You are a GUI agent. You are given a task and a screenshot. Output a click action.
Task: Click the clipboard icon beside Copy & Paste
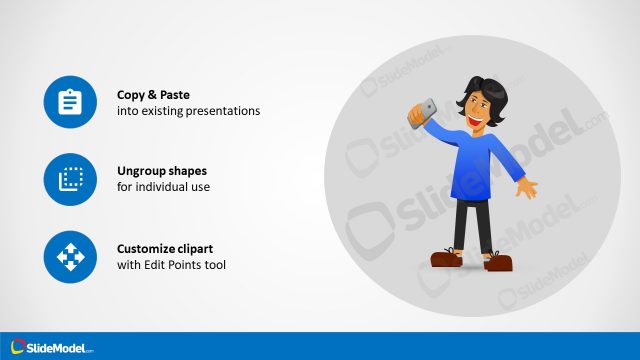[x=70, y=103]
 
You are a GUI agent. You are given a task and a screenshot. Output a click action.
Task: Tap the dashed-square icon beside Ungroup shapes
[x=70, y=179]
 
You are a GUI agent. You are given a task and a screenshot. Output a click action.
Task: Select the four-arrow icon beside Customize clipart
[x=70, y=256]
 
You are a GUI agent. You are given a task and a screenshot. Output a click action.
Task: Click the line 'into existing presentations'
[x=188, y=111]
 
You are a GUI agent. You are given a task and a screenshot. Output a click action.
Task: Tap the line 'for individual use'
[x=163, y=187]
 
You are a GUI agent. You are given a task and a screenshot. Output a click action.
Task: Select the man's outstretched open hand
[x=526, y=189]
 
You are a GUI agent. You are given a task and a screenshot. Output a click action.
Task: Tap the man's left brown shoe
[x=445, y=259]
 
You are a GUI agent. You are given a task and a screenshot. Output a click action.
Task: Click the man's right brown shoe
[x=499, y=262]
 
